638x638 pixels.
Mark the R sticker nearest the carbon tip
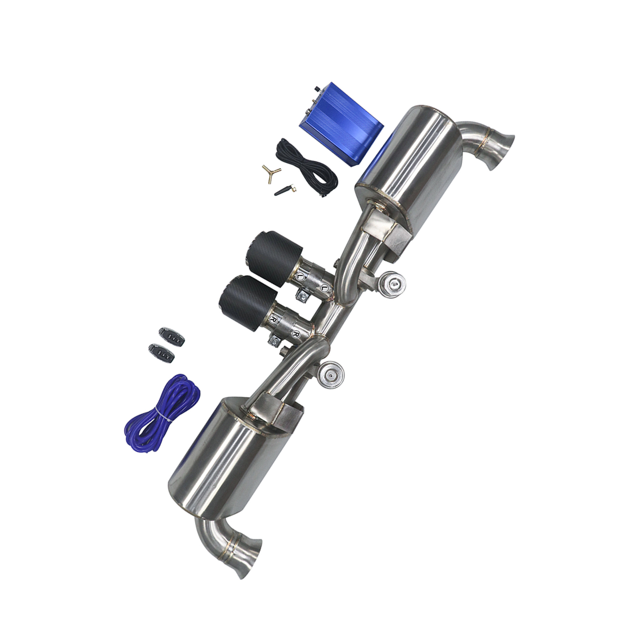[274, 319]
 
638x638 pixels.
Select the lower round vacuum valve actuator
[331, 375]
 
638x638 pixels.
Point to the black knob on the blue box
[318, 89]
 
